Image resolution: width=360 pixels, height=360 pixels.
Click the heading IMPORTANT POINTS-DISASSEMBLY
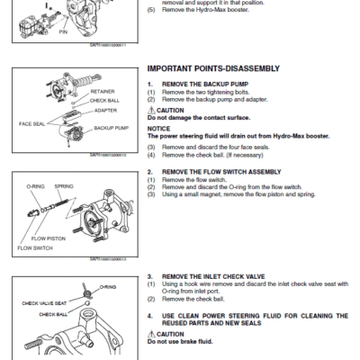point(212,68)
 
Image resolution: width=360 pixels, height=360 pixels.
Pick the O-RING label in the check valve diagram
point(108,287)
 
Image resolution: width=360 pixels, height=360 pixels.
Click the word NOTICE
point(158,129)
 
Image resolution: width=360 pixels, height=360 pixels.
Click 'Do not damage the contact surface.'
point(199,118)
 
